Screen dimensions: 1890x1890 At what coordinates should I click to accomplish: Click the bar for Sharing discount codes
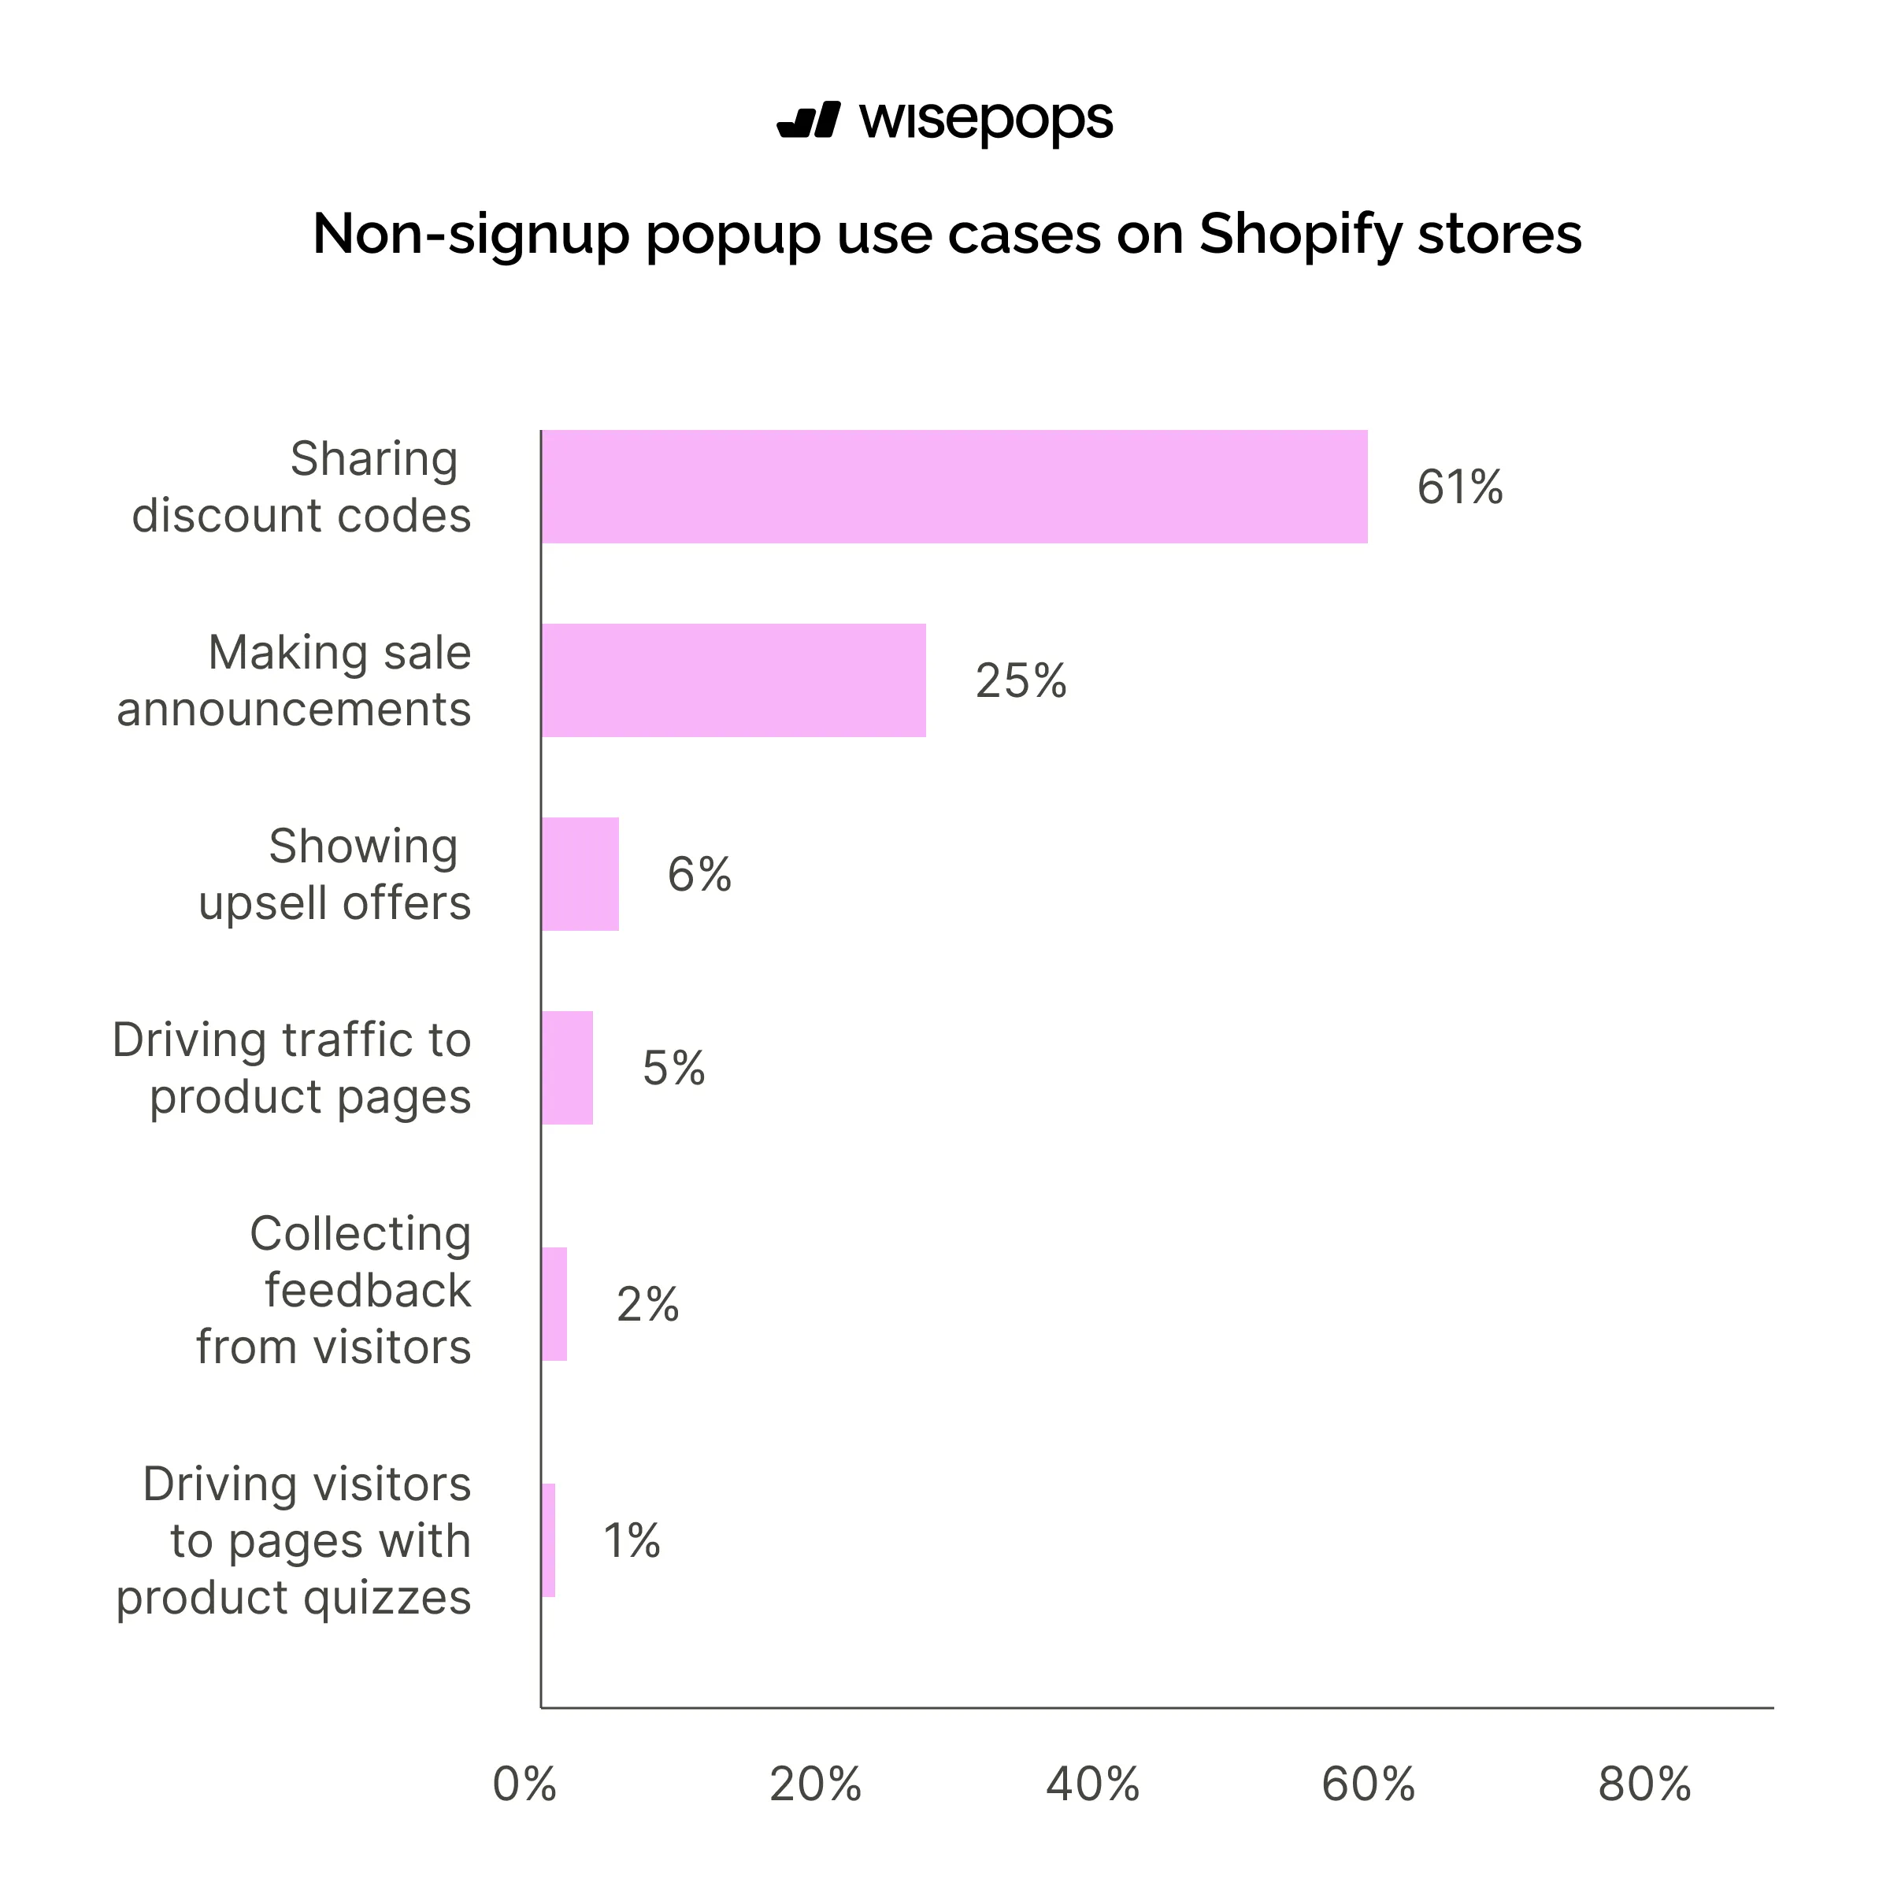pyautogui.click(x=954, y=486)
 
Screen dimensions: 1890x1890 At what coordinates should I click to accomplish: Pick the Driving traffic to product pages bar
pyautogui.click(x=567, y=1067)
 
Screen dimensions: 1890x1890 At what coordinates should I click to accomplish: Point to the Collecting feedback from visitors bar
pyautogui.click(x=554, y=1304)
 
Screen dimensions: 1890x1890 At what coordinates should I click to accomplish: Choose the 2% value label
pyautogui.click(x=647, y=1305)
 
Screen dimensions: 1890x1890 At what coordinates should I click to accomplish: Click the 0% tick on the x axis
pyautogui.click(x=524, y=1785)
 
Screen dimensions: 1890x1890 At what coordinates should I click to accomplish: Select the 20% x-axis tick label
pyautogui.click(x=815, y=1785)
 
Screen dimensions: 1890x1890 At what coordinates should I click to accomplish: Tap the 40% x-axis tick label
pyautogui.click(x=1091, y=1785)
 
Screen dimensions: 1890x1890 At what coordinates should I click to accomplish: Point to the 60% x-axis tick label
pyautogui.click(x=1368, y=1785)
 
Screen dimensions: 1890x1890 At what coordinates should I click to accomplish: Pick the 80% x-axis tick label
pyautogui.click(x=1644, y=1785)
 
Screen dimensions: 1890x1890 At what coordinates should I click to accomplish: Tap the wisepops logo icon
pyautogui.click(x=808, y=120)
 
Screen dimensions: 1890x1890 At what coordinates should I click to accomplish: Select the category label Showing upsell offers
pyautogui.click(x=335, y=873)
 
